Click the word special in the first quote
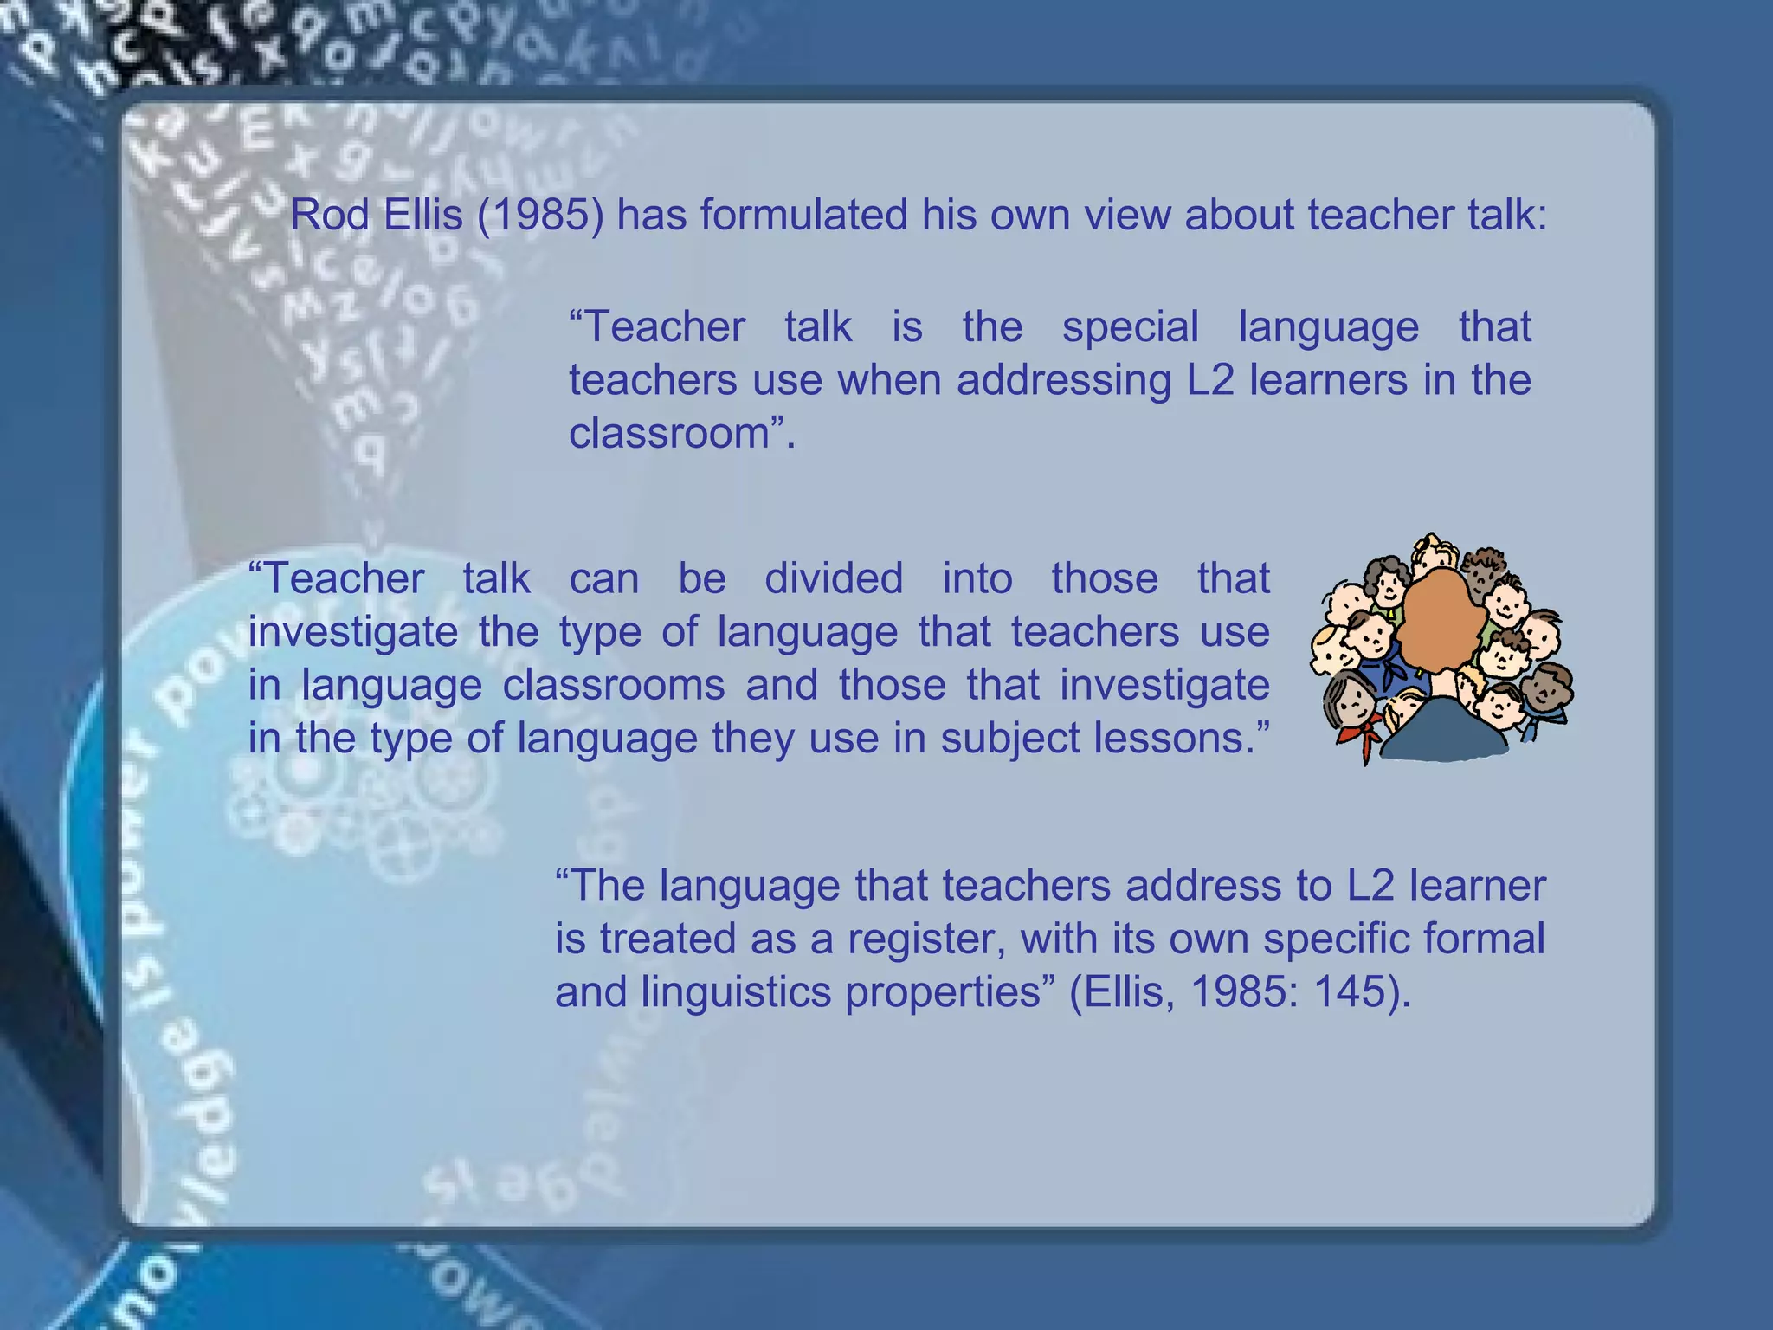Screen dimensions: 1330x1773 (x=1130, y=327)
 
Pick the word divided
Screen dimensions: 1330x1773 (x=834, y=578)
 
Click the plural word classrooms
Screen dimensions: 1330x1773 (x=614, y=685)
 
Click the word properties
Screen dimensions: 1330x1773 (x=943, y=992)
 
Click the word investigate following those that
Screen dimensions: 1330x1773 (x=1164, y=685)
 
